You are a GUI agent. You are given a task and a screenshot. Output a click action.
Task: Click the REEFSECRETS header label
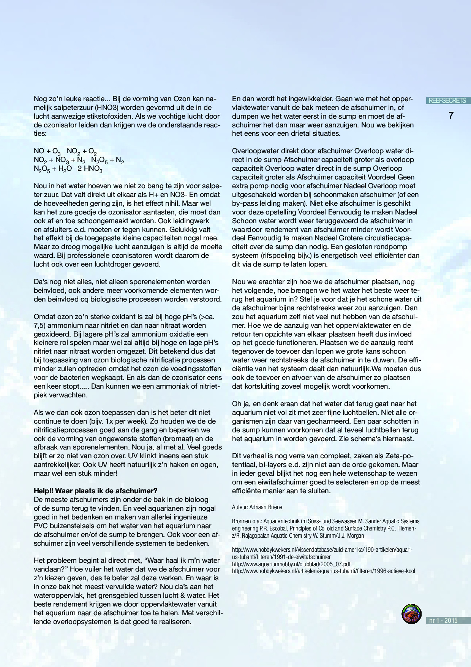click(x=447, y=101)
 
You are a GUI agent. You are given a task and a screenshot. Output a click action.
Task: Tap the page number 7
click(x=451, y=115)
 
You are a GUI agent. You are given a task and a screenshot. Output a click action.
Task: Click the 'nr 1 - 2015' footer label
click(x=443, y=620)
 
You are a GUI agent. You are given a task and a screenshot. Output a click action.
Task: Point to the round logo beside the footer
click(x=412, y=614)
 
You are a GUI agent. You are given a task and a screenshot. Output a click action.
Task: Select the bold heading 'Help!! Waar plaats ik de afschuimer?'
click(x=95, y=491)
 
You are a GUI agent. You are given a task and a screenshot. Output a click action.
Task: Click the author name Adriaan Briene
click(x=266, y=507)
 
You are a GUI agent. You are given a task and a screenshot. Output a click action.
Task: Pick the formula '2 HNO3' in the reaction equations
click(x=90, y=169)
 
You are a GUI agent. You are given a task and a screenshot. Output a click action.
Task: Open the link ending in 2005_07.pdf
click(x=291, y=564)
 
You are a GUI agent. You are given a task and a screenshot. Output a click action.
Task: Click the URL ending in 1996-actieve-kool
click(x=323, y=571)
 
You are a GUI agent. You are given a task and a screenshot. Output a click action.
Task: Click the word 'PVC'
click(x=41, y=526)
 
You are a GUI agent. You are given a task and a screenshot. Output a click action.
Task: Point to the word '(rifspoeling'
click(x=280, y=256)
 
